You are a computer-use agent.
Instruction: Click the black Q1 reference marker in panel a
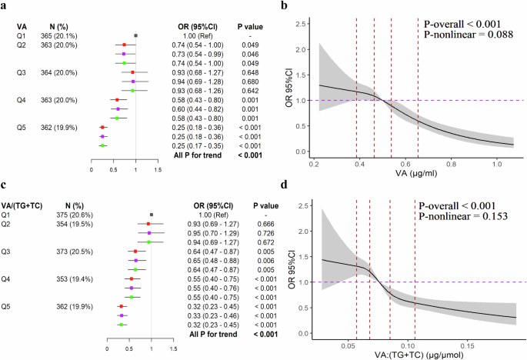click(x=136, y=35)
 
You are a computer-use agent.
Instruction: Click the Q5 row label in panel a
click(x=22, y=127)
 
